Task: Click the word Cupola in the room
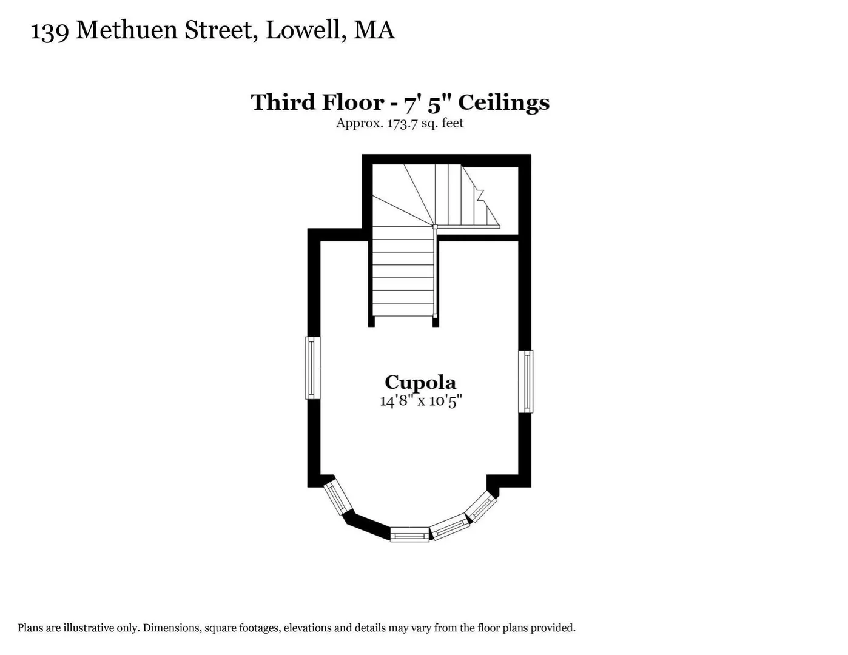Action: [420, 382]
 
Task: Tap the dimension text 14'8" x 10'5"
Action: [421, 401]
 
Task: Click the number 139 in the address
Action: [50, 31]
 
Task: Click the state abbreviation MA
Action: [374, 30]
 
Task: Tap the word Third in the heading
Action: [283, 102]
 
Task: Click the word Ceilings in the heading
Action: [504, 103]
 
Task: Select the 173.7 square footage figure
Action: [402, 123]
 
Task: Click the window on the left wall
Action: [312, 368]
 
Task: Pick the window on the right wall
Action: [526, 381]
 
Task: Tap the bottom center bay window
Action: [410, 534]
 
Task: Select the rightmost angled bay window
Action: [482, 506]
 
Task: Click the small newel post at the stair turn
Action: [435, 227]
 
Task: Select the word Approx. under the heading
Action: [360, 124]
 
